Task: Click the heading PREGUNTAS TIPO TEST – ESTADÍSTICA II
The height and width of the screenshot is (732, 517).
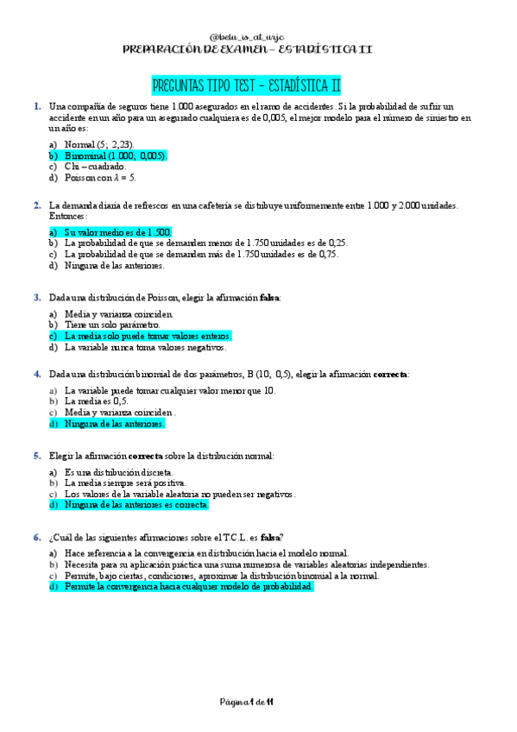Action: [x=246, y=85]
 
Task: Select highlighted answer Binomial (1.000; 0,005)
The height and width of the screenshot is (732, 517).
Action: [x=116, y=155]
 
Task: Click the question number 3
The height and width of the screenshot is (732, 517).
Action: [x=37, y=297]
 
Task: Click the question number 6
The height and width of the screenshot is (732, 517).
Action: [x=37, y=537]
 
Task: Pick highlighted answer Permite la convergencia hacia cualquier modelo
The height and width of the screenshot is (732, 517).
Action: [x=189, y=586]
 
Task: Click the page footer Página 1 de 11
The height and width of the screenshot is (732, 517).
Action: [x=246, y=704]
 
